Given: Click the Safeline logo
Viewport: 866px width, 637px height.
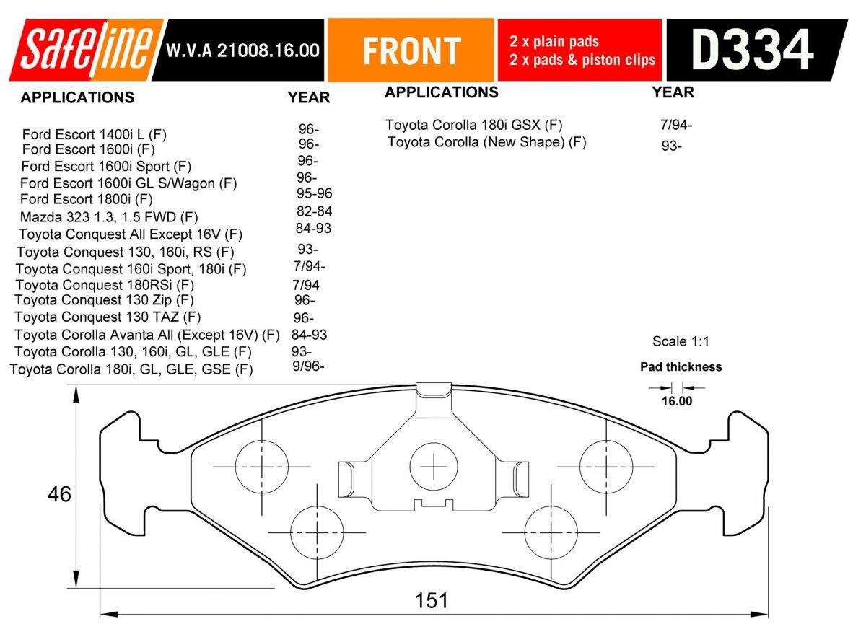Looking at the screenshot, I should point(85,50).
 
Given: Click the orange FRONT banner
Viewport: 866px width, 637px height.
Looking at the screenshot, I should point(411,50).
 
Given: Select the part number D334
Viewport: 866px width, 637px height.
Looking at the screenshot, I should point(752,50).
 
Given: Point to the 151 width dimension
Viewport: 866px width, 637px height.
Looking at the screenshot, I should point(432,600).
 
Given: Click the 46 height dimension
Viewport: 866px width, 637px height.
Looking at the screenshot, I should point(59,495).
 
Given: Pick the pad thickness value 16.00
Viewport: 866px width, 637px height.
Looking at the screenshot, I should point(677,402).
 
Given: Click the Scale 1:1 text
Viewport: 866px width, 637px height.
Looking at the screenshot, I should point(675,341).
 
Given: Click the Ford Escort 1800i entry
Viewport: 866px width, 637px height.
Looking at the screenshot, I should point(86,199).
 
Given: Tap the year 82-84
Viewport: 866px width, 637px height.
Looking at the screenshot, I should point(314,211).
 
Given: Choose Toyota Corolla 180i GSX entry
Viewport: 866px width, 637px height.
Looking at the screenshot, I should point(473,125).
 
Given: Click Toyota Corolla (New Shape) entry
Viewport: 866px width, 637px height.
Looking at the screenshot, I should point(486,142).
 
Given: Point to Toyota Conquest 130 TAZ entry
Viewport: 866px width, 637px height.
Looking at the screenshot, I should point(108,317).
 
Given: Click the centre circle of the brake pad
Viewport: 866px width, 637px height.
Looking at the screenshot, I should point(434,467).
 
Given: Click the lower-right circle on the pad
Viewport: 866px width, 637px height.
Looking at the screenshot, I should point(548,532).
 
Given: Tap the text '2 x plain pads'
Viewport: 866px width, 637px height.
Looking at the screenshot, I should point(554,42).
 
